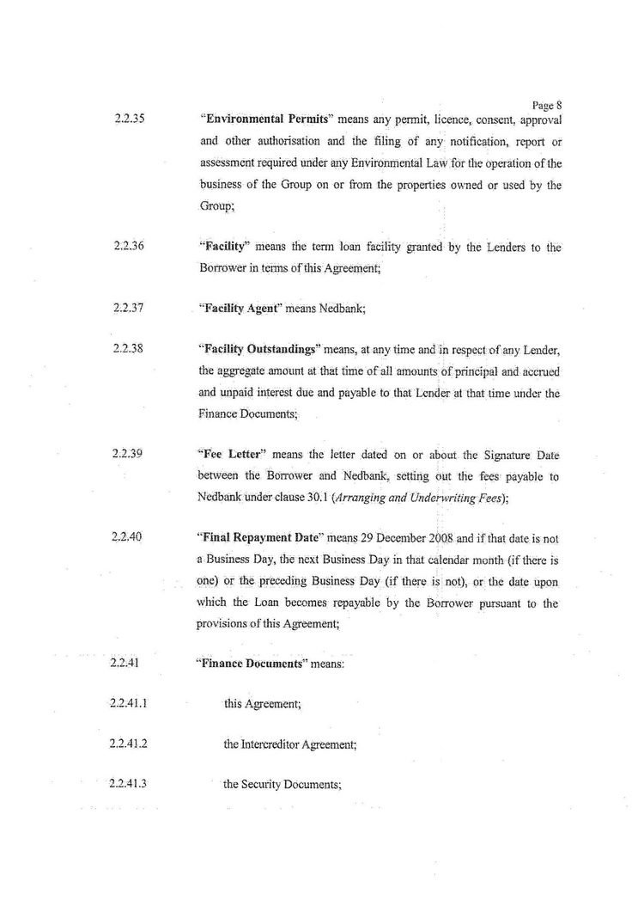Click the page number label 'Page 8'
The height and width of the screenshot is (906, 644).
coord(547,106)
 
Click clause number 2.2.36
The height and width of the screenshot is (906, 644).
coord(127,247)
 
